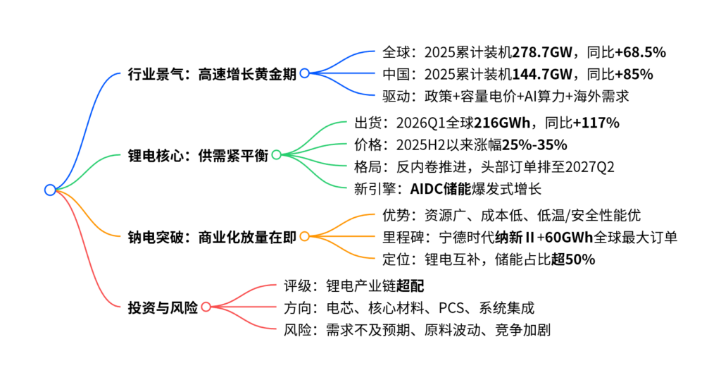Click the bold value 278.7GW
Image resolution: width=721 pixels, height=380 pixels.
pos(542,52)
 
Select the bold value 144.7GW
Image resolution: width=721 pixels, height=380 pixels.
pos(542,75)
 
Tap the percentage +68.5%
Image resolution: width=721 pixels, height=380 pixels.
pos(641,52)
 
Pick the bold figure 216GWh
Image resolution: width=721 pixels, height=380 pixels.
pos(502,123)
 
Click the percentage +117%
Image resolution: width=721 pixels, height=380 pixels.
pos(596,123)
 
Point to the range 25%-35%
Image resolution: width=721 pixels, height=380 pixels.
pos(534,145)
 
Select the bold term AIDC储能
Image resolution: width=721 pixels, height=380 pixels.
pos(441,189)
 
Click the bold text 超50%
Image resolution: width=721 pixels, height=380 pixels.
pos(573,259)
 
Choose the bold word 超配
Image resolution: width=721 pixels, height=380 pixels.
pos(410,286)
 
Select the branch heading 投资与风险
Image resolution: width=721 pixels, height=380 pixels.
pos(163,307)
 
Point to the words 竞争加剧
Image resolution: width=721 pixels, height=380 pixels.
pos(523,330)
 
